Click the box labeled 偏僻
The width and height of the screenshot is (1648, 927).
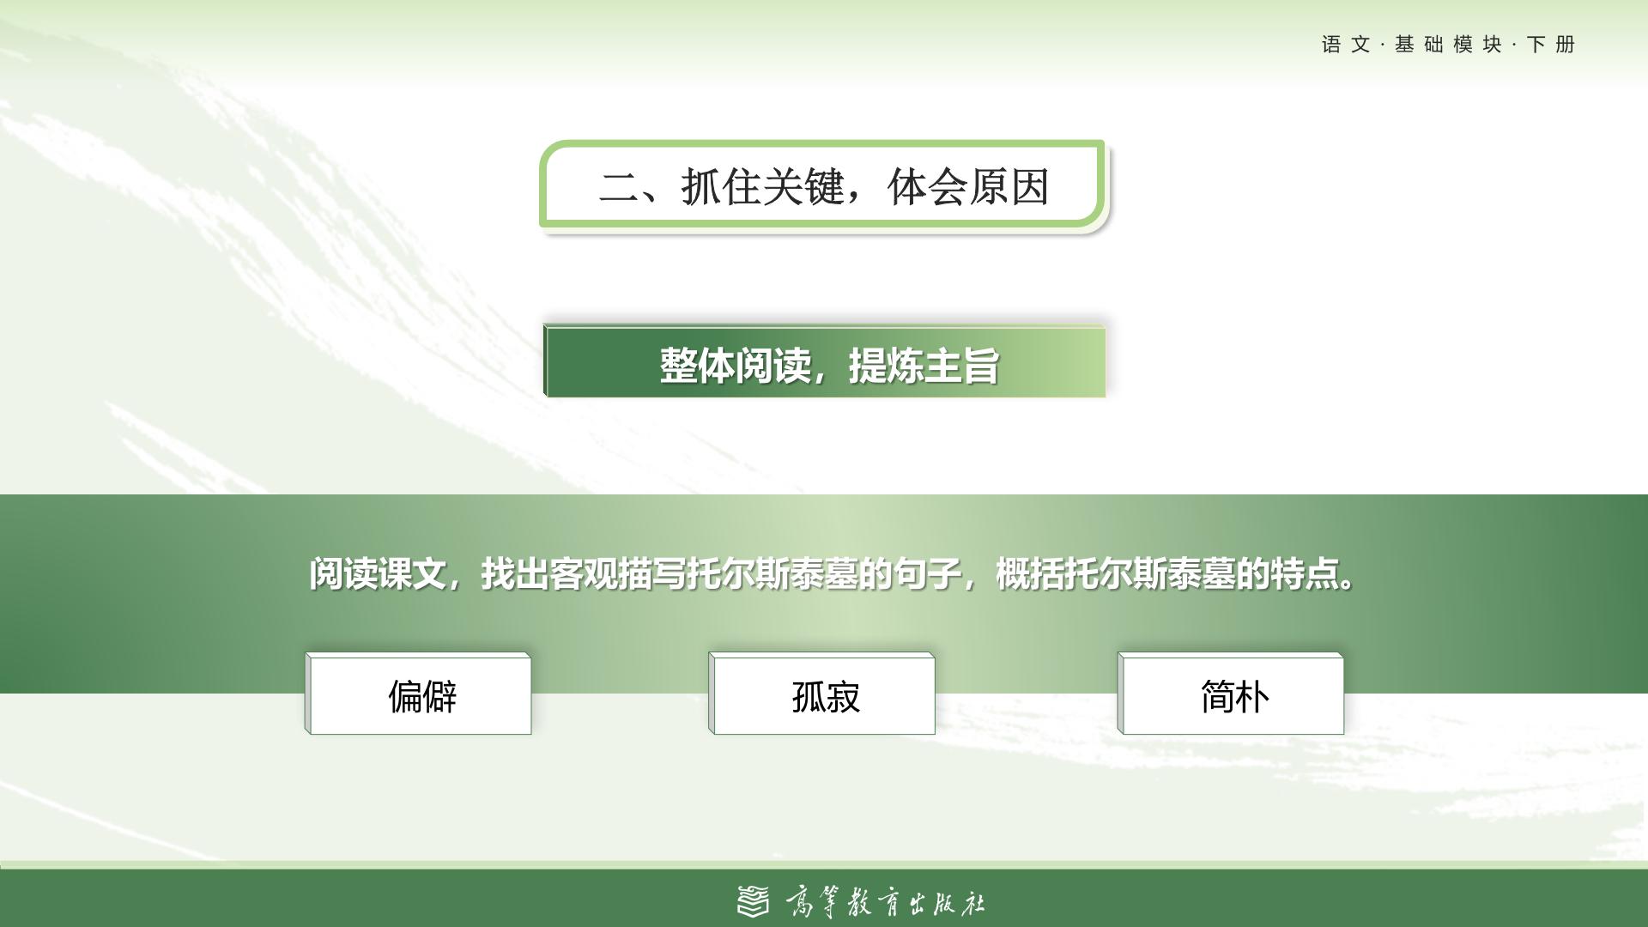coord(418,694)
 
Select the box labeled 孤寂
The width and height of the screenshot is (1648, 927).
coord(821,694)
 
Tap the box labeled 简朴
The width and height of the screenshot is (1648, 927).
coord(1231,694)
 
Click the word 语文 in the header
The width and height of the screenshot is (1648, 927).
coord(1346,45)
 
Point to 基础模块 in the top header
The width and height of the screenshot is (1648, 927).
coord(1448,45)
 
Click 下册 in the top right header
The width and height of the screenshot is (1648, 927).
coord(1551,45)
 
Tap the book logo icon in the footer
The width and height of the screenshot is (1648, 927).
coord(754,901)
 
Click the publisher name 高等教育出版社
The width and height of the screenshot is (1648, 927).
coord(885,902)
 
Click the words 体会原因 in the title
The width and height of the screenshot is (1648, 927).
coord(968,186)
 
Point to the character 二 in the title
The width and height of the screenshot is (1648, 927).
coord(619,187)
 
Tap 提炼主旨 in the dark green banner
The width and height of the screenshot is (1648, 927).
coord(924,366)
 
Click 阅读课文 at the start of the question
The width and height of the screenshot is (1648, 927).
coord(378,573)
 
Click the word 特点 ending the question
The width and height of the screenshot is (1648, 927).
coord(1305,573)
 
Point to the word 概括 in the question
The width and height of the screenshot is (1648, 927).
coord(1030,573)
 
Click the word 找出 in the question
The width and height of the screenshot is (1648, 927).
coord(515,573)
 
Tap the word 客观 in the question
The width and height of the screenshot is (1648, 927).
coord(584,573)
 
